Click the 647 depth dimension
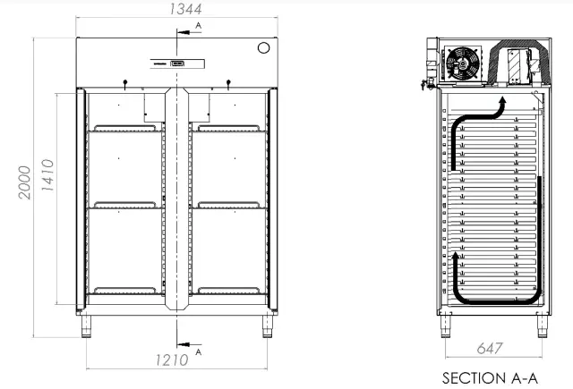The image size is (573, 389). click(x=491, y=347)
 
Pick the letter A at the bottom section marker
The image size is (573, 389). click(x=198, y=351)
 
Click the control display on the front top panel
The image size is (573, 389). click(x=177, y=63)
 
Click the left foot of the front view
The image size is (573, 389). click(x=88, y=327)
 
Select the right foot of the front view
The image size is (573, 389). click(x=268, y=327)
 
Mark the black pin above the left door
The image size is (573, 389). click(x=125, y=84)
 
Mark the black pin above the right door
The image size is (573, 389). click(x=228, y=84)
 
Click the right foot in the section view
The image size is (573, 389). click(x=541, y=327)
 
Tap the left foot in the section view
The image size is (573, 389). click(x=445, y=327)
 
